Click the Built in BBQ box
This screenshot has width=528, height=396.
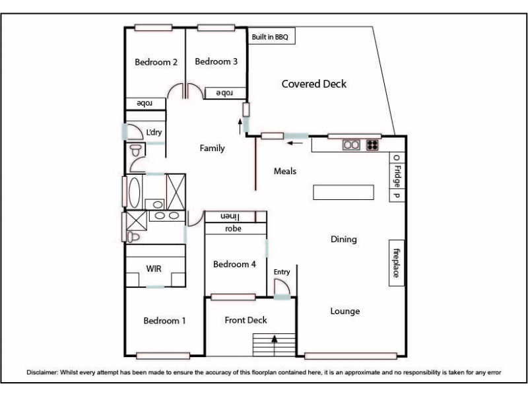coord(271,36)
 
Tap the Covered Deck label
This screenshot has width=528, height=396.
coord(314,84)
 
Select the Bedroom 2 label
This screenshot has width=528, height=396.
coord(156,62)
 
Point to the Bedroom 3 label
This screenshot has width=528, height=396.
coord(216,61)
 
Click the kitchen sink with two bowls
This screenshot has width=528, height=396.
coord(351,145)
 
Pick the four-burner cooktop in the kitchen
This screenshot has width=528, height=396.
coord(372,145)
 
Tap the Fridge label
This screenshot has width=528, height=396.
coord(397,176)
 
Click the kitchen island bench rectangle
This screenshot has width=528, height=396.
coord(343,192)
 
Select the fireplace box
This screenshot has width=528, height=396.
coord(397,263)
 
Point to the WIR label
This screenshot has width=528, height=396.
coord(154,269)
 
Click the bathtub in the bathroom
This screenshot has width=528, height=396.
coord(135,192)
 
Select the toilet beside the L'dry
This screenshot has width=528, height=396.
coord(136,150)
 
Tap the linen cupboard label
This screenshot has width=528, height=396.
coord(230,216)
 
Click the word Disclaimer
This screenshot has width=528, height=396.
coord(42,372)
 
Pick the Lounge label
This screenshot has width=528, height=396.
coord(345,311)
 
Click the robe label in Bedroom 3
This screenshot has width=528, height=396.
coord(224,93)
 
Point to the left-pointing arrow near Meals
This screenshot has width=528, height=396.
coord(294,143)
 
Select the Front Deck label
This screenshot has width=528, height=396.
coord(246,320)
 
